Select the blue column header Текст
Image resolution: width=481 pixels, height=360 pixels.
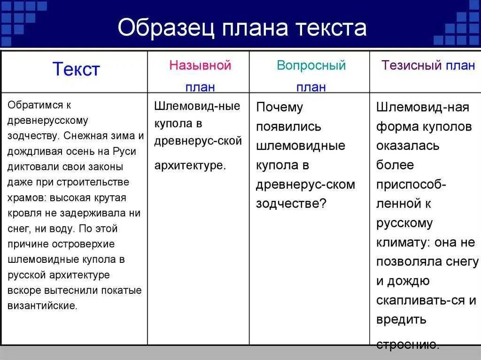76,69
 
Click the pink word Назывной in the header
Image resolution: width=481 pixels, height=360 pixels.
201,65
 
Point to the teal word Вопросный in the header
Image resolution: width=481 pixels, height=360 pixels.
311,65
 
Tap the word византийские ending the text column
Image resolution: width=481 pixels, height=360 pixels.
42,306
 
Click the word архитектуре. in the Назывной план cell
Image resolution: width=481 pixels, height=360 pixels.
190,165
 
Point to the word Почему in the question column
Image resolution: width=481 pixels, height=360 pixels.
279,107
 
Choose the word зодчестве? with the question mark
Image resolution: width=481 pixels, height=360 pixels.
291,203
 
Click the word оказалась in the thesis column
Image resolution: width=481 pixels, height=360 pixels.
408,146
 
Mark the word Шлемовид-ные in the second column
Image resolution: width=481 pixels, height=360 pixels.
197,106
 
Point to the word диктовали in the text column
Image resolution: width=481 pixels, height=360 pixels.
30,167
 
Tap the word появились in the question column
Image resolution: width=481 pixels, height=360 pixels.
288,127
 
